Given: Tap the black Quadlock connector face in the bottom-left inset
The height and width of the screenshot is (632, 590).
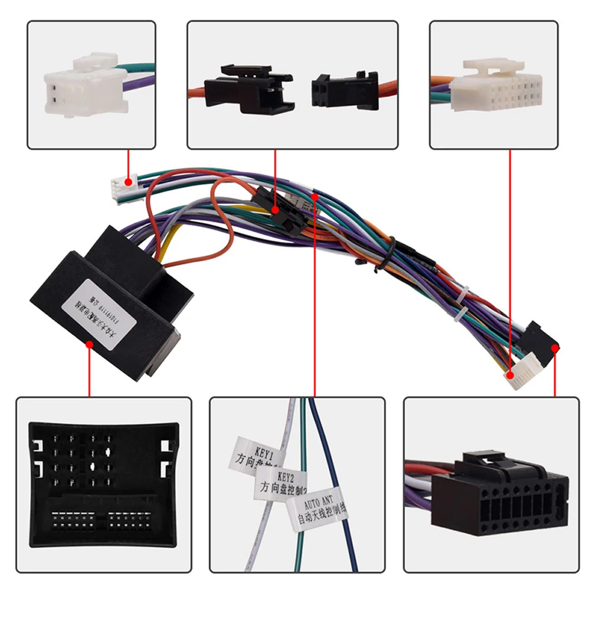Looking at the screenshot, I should [x=103, y=484].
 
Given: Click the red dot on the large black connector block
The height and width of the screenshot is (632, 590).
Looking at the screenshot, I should [x=89, y=344].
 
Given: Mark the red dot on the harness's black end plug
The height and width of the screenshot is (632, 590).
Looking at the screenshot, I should [x=555, y=348].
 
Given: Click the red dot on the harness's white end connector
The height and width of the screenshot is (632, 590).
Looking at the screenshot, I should [x=510, y=374].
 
